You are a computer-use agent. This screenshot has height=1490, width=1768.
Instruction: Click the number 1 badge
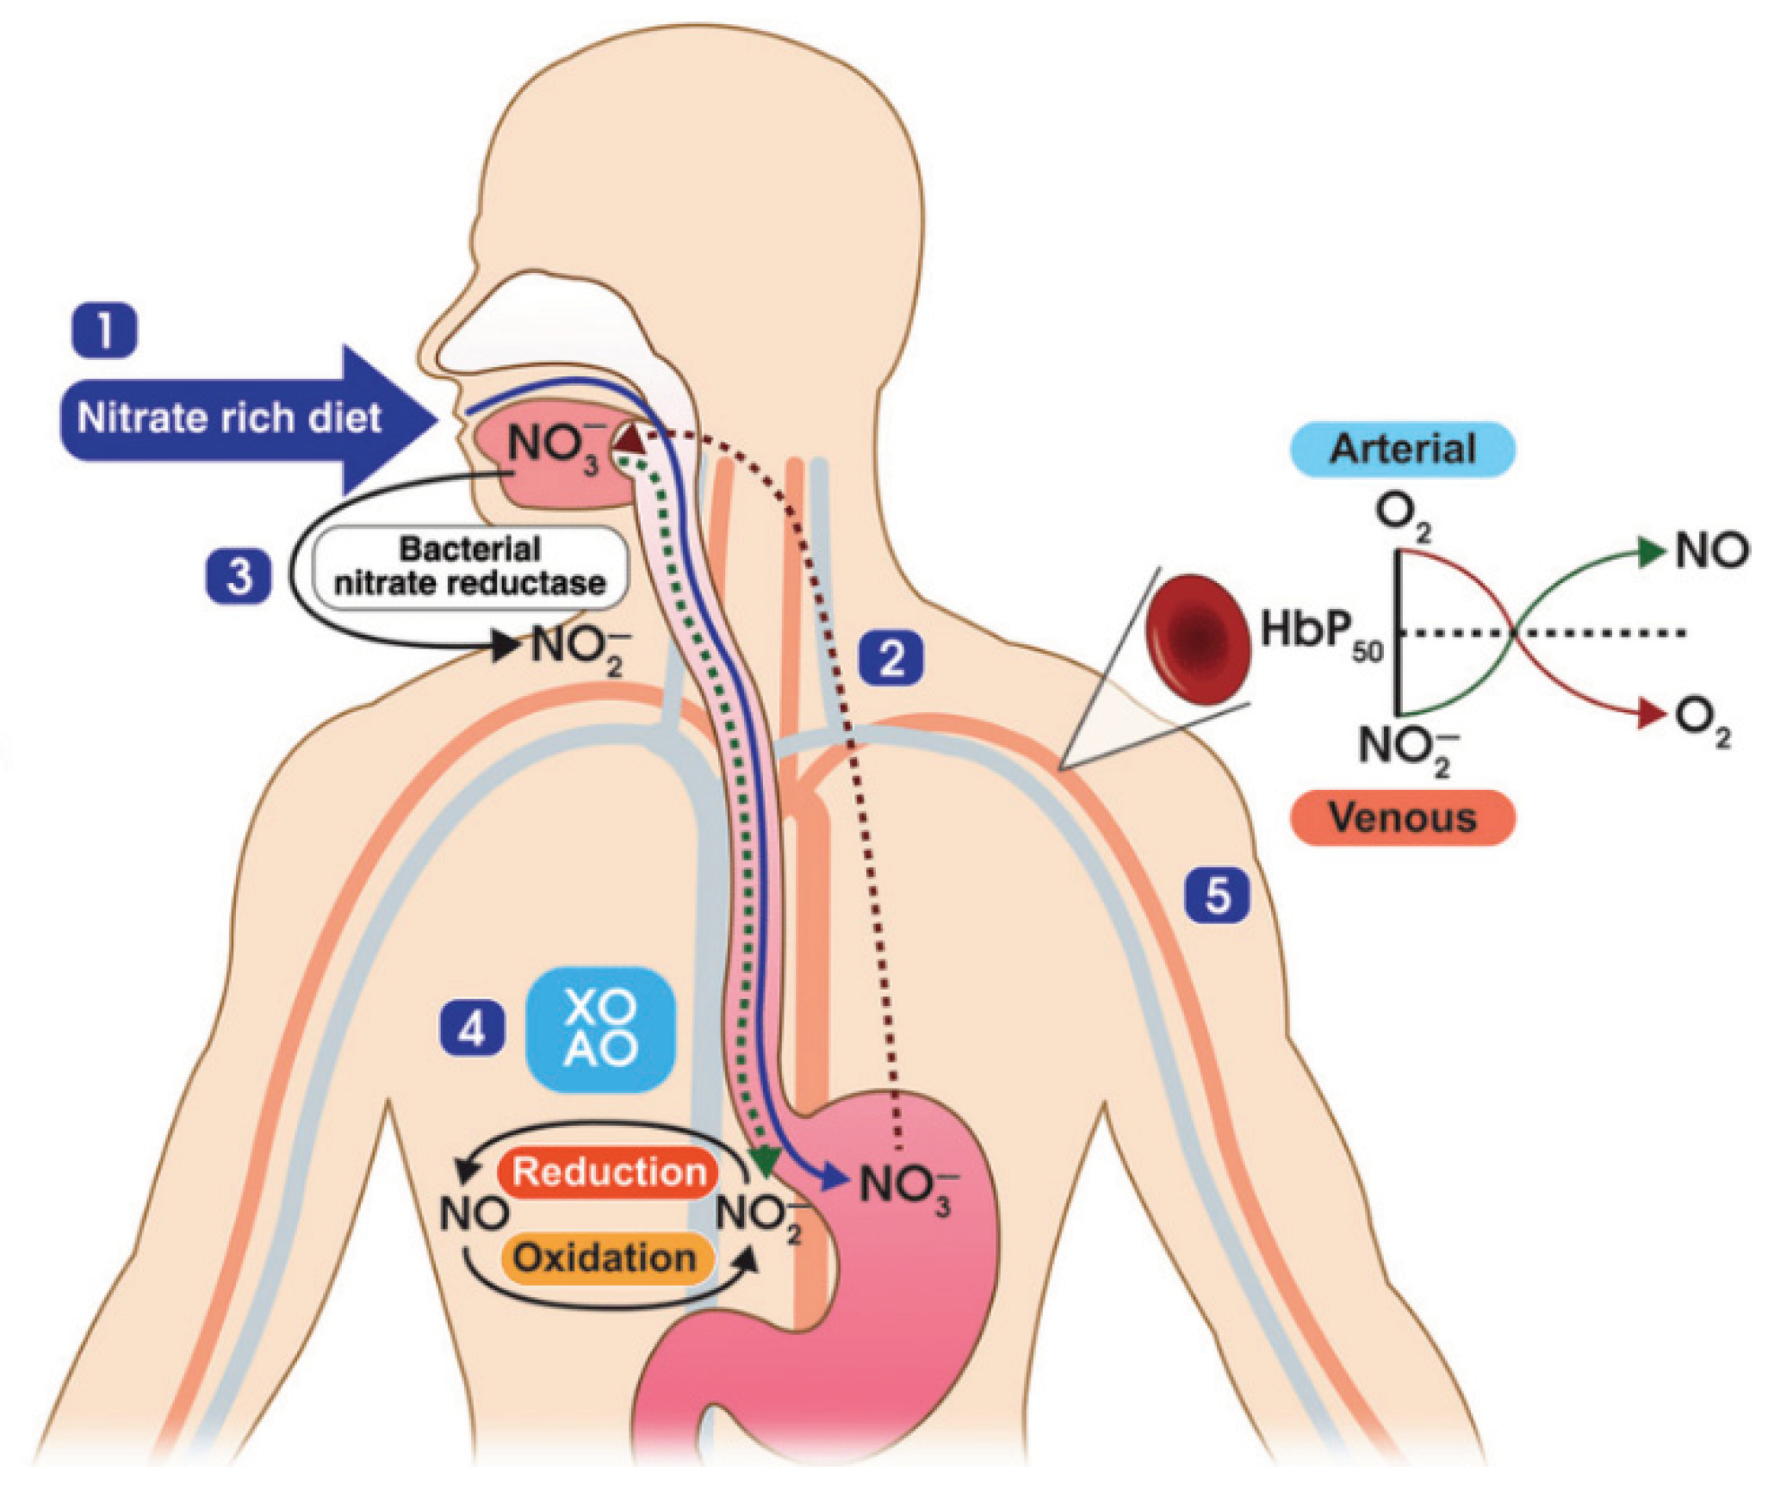click(x=104, y=329)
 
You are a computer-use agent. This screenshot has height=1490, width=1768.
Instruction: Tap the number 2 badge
click(x=890, y=658)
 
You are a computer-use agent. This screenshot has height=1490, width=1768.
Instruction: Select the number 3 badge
click(x=239, y=575)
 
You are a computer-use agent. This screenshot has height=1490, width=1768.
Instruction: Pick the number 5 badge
click(x=1217, y=895)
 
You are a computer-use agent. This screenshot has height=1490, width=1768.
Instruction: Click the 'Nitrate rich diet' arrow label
click(x=229, y=419)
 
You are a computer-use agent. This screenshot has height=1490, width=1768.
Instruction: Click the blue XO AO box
click(x=600, y=1028)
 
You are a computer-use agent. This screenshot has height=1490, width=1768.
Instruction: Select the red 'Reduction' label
click(x=609, y=1171)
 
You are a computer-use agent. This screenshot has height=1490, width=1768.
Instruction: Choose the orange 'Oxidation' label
click(x=605, y=1258)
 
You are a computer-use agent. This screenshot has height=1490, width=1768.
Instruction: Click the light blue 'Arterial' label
click(x=1402, y=450)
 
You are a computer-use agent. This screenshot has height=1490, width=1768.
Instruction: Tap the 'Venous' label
click(x=1402, y=816)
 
